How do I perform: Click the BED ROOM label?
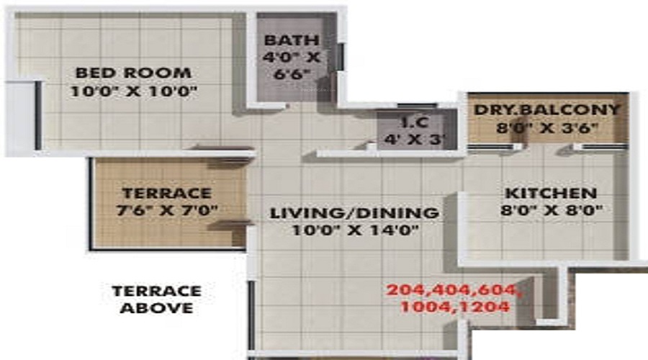pos(133,73)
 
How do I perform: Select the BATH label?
pos(291,40)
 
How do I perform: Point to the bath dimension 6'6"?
pos(291,74)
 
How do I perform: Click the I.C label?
pos(413,122)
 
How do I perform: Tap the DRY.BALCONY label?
pos(546,109)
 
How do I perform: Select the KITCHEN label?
pos(550,194)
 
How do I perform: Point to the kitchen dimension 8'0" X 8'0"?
pos(551,211)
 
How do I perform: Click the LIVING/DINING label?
pos(354,213)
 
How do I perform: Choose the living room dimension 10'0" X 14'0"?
pos(354,231)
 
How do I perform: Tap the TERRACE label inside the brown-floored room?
pos(166,193)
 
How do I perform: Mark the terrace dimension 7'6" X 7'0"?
pos(166,210)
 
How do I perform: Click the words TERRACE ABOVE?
pos(156,300)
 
